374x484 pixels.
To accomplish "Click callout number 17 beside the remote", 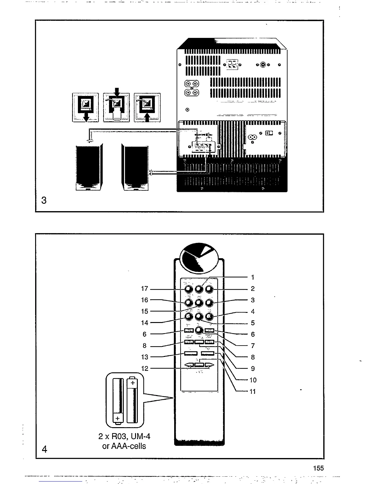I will pos(144,289).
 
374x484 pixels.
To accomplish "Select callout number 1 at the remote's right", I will pos(253,277).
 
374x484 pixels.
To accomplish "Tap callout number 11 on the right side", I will pos(252,391).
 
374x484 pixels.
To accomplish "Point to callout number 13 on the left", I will pos(145,357).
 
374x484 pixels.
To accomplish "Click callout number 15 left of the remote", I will pos(145,311).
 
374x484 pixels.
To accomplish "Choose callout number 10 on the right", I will pos(253,380).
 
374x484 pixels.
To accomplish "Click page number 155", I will pos(318,468).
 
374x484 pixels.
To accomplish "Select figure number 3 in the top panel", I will pos(44,200).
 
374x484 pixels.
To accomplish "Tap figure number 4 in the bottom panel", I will pos(45,449).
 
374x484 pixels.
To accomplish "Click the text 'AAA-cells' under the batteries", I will pos(128,446).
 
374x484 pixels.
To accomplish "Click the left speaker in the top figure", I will pos(89,168).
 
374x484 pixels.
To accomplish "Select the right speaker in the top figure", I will pos(135,168).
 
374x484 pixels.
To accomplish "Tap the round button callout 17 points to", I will pos(189,289).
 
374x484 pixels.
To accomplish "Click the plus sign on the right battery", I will pos(132,383).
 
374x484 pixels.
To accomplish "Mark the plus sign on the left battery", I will pos(117,418).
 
